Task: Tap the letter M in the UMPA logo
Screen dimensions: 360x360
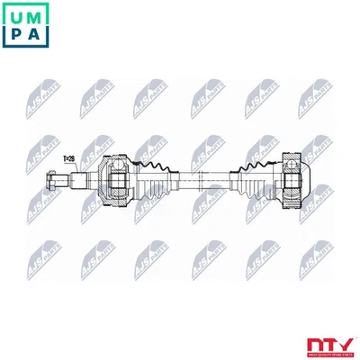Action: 37,15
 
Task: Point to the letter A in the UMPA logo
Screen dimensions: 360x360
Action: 37,36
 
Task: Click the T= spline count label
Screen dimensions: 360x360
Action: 68,159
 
